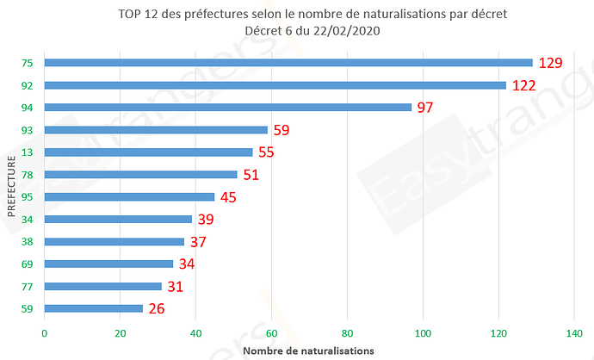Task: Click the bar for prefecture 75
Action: click(x=288, y=62)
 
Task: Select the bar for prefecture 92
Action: click(x=275, y=84)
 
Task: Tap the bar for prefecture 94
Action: click(x=227, y=107)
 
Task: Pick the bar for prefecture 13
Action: click(x=148, y=152)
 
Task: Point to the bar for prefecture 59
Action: click(x=93, y=307)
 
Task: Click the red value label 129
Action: click(x=550, y=63)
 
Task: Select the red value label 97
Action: click(x=424, y=108)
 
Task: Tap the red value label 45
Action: click(x=227, y=197)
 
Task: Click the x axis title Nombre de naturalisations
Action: click(x=308, y=351)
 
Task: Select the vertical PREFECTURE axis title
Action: click(x=11, y=185)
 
